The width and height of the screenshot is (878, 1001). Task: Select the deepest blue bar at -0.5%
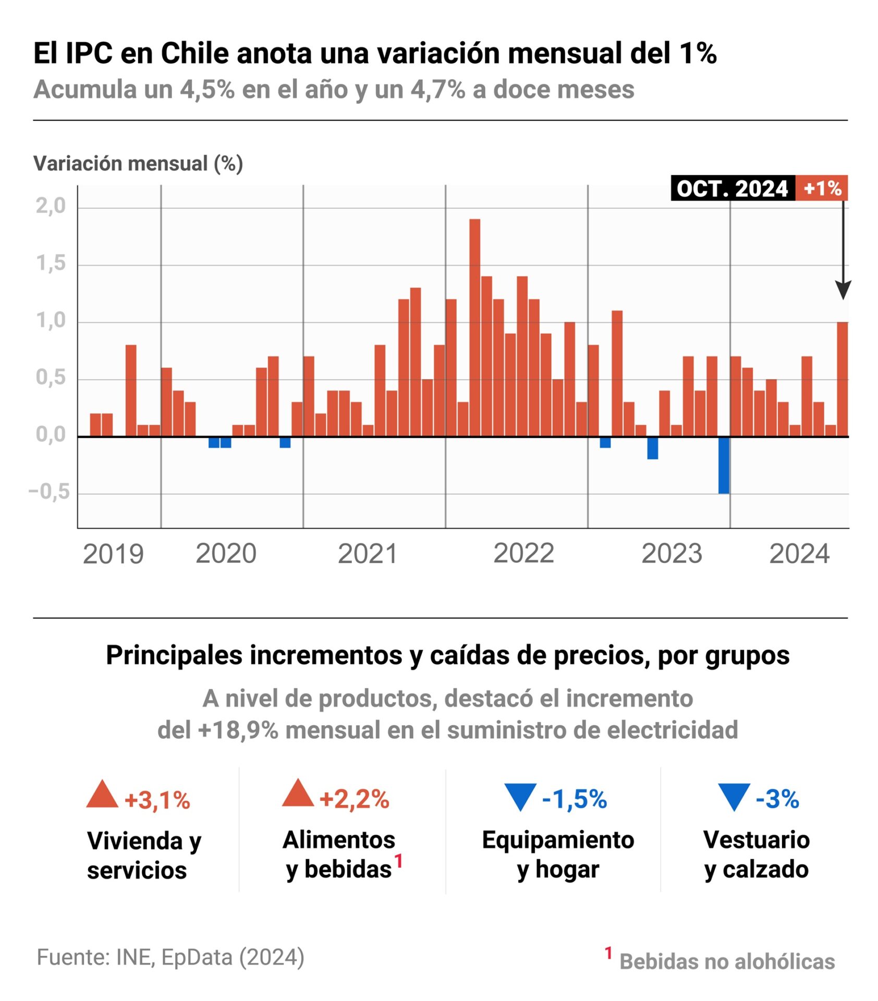pos(723,465)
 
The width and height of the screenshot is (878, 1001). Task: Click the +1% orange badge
pos(821,188)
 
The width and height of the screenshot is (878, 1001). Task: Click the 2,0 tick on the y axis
pos(51,206)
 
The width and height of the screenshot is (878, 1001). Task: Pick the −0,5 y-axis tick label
pos(49,491)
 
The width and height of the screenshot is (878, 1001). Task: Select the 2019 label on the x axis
pos(113,554)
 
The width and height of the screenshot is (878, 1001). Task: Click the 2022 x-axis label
pos(523,553)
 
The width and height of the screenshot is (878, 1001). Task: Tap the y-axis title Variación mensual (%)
pos(138,164)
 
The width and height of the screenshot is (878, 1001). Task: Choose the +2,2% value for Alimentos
pos(354,799)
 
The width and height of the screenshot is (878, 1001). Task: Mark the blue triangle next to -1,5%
pos(520,796)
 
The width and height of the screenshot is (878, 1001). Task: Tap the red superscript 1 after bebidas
pos(398,860)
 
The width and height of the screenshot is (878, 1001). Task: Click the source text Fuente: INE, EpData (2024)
pos(170,957)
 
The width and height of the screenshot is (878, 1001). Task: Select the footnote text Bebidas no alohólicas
pos(727,961)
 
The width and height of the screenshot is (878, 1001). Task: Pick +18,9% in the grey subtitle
pos(238,730)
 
